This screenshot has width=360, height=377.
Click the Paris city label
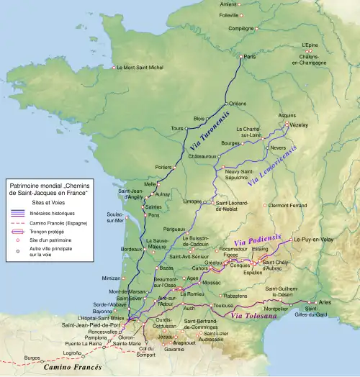coord(250,56)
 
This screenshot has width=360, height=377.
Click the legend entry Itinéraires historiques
coord(52,214)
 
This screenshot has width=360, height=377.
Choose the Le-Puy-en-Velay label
coord(312,240)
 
